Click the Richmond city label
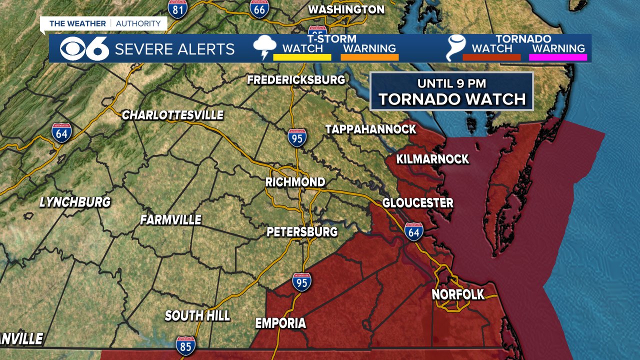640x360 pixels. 295,182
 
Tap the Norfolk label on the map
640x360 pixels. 458,294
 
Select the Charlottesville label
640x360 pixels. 172,115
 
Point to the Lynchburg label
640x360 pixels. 75,202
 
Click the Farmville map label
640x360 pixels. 170,219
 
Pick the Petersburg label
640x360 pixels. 302,232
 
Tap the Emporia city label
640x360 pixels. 280,323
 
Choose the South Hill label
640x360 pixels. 197,315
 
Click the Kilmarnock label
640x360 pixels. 432,159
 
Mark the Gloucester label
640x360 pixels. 418,203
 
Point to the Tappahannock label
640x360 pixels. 370,129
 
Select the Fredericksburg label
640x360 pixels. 296,79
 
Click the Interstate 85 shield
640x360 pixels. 185,345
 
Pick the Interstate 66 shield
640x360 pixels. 259,8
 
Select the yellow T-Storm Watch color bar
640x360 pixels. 302,57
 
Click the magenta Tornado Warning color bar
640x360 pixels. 559,57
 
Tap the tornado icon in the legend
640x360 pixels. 455,48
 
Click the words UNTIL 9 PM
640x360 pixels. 452,83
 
